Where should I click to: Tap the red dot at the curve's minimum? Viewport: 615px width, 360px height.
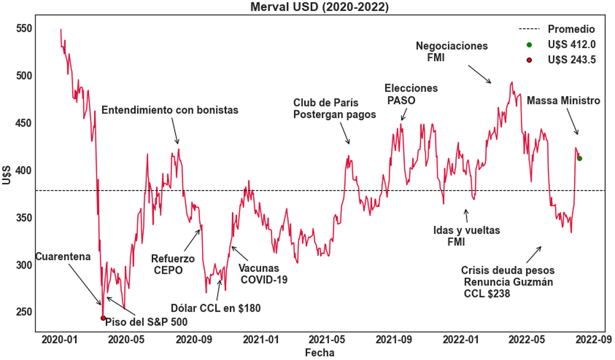click(x=103, y=318)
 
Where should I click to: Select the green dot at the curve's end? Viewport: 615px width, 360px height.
click(x=580, y=158)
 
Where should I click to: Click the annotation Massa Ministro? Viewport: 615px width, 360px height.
click(x=563, y=100)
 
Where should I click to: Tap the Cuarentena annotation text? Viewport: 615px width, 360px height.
click(x=63, y=256)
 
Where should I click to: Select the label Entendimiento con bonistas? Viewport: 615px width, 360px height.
click(x=170, y=110)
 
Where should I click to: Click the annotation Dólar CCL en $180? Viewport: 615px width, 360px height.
click(x=216, y=308)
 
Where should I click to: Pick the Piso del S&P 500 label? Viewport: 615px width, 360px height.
click(x=146, y=322)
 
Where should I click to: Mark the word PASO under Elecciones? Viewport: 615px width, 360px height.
click(x=402, y=100)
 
